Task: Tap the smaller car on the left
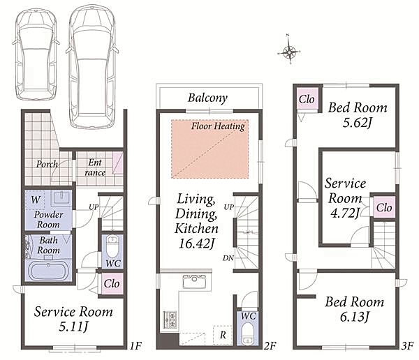coord(36,55)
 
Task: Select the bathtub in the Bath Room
coord(48,270)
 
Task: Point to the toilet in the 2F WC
coord(247,333)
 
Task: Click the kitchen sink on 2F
coord(194,282)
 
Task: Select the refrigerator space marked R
coord(223,335)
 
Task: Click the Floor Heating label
coord(218,126)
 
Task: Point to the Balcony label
coord(207,98)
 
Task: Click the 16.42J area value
coord(196,243)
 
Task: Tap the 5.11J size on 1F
coord(73,327)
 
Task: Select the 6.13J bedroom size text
coord(354,317)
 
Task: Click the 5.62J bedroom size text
coord(358,123)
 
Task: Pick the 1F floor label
coord(135,346)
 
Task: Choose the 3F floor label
coord(408,346)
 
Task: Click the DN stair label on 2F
coord(228,258)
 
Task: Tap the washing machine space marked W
coord(36,200)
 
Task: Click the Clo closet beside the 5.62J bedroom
coord(307,99)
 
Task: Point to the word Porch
coord(47,164)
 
